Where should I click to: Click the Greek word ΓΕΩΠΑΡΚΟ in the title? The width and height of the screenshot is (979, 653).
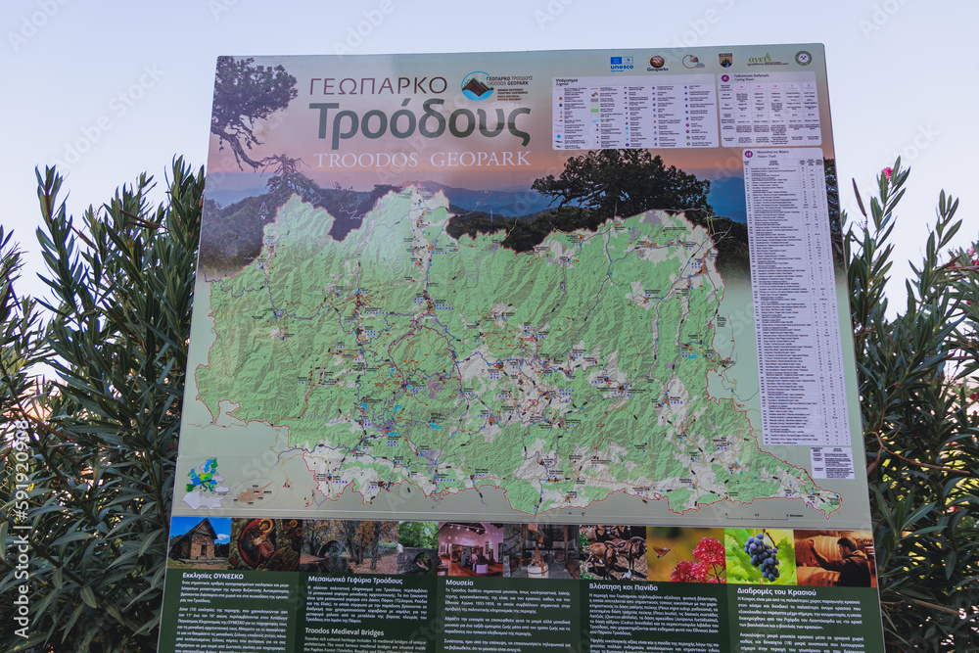378,86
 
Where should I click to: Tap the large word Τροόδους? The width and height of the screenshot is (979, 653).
420,122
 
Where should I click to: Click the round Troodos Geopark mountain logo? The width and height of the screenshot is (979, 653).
477,86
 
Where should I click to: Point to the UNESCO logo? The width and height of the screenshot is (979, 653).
621,64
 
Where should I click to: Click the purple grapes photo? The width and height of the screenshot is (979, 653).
761,555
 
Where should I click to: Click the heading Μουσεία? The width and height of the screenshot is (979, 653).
465,582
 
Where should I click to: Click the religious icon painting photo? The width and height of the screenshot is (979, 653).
264,543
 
